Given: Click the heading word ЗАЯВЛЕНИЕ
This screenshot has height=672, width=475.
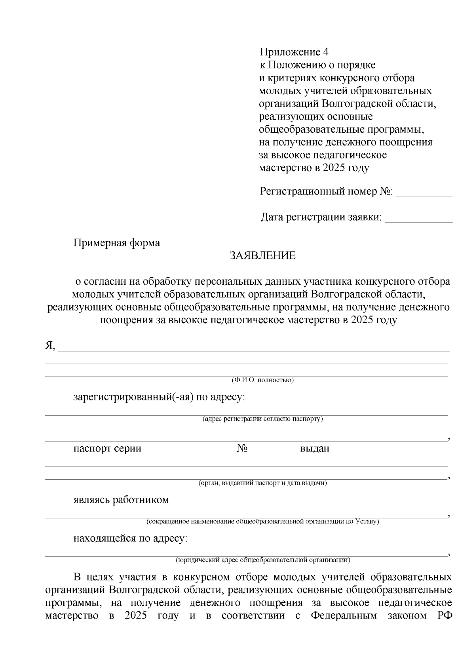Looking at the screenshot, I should coord(263,256).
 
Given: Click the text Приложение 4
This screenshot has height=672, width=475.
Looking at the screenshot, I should coord(294,52).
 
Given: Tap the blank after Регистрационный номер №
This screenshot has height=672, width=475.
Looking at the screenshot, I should coord(424,193).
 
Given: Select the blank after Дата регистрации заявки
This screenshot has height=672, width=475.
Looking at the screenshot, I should coord(418,218).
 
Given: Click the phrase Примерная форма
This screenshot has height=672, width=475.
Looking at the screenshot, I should coord(117,243).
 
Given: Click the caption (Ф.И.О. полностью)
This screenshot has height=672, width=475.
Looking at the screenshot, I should coord(262,380).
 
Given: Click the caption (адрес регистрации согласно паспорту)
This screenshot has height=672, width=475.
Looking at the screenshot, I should coord(262,419).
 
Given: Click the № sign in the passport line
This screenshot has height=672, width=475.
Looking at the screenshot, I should coord(242,449).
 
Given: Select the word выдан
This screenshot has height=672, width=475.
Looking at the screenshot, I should coord(315,449).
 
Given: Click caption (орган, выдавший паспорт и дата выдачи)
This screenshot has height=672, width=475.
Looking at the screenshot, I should coord(262,483).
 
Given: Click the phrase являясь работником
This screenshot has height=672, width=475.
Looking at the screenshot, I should coord(121,500).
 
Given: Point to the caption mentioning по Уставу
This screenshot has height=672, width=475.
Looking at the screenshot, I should coord(262,522).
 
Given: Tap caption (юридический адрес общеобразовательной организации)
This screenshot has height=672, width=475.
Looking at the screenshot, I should coord(262,560).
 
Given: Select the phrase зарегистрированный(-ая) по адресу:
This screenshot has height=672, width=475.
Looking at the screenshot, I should coord(159,397).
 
